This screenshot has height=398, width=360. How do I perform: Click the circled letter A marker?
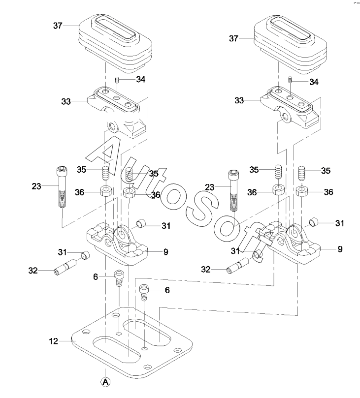click(x=105, y=382)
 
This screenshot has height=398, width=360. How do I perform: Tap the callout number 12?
click(x=54, y=341)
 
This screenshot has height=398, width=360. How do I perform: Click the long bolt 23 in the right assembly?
click(x=234, y=190)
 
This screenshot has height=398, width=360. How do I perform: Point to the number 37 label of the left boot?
click(x=58, y=26)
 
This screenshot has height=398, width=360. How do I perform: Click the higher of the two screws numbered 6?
click(x=119, y=278)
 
